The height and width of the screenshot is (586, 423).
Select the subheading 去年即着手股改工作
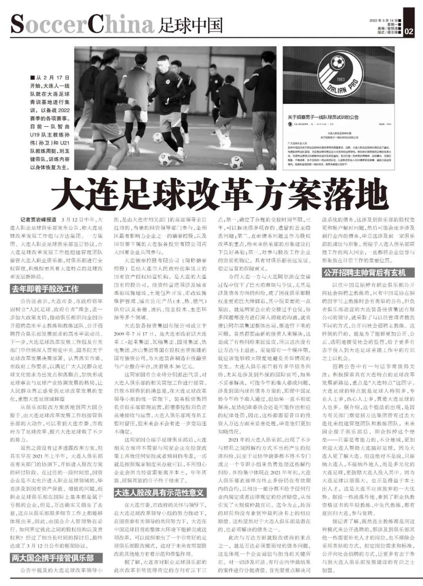tap(45, 289)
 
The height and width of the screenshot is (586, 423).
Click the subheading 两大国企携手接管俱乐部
tap(52, 558)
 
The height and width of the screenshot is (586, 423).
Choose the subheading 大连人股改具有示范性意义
tap(159, 493)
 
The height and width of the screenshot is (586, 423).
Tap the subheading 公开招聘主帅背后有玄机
tap(364, 272)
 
